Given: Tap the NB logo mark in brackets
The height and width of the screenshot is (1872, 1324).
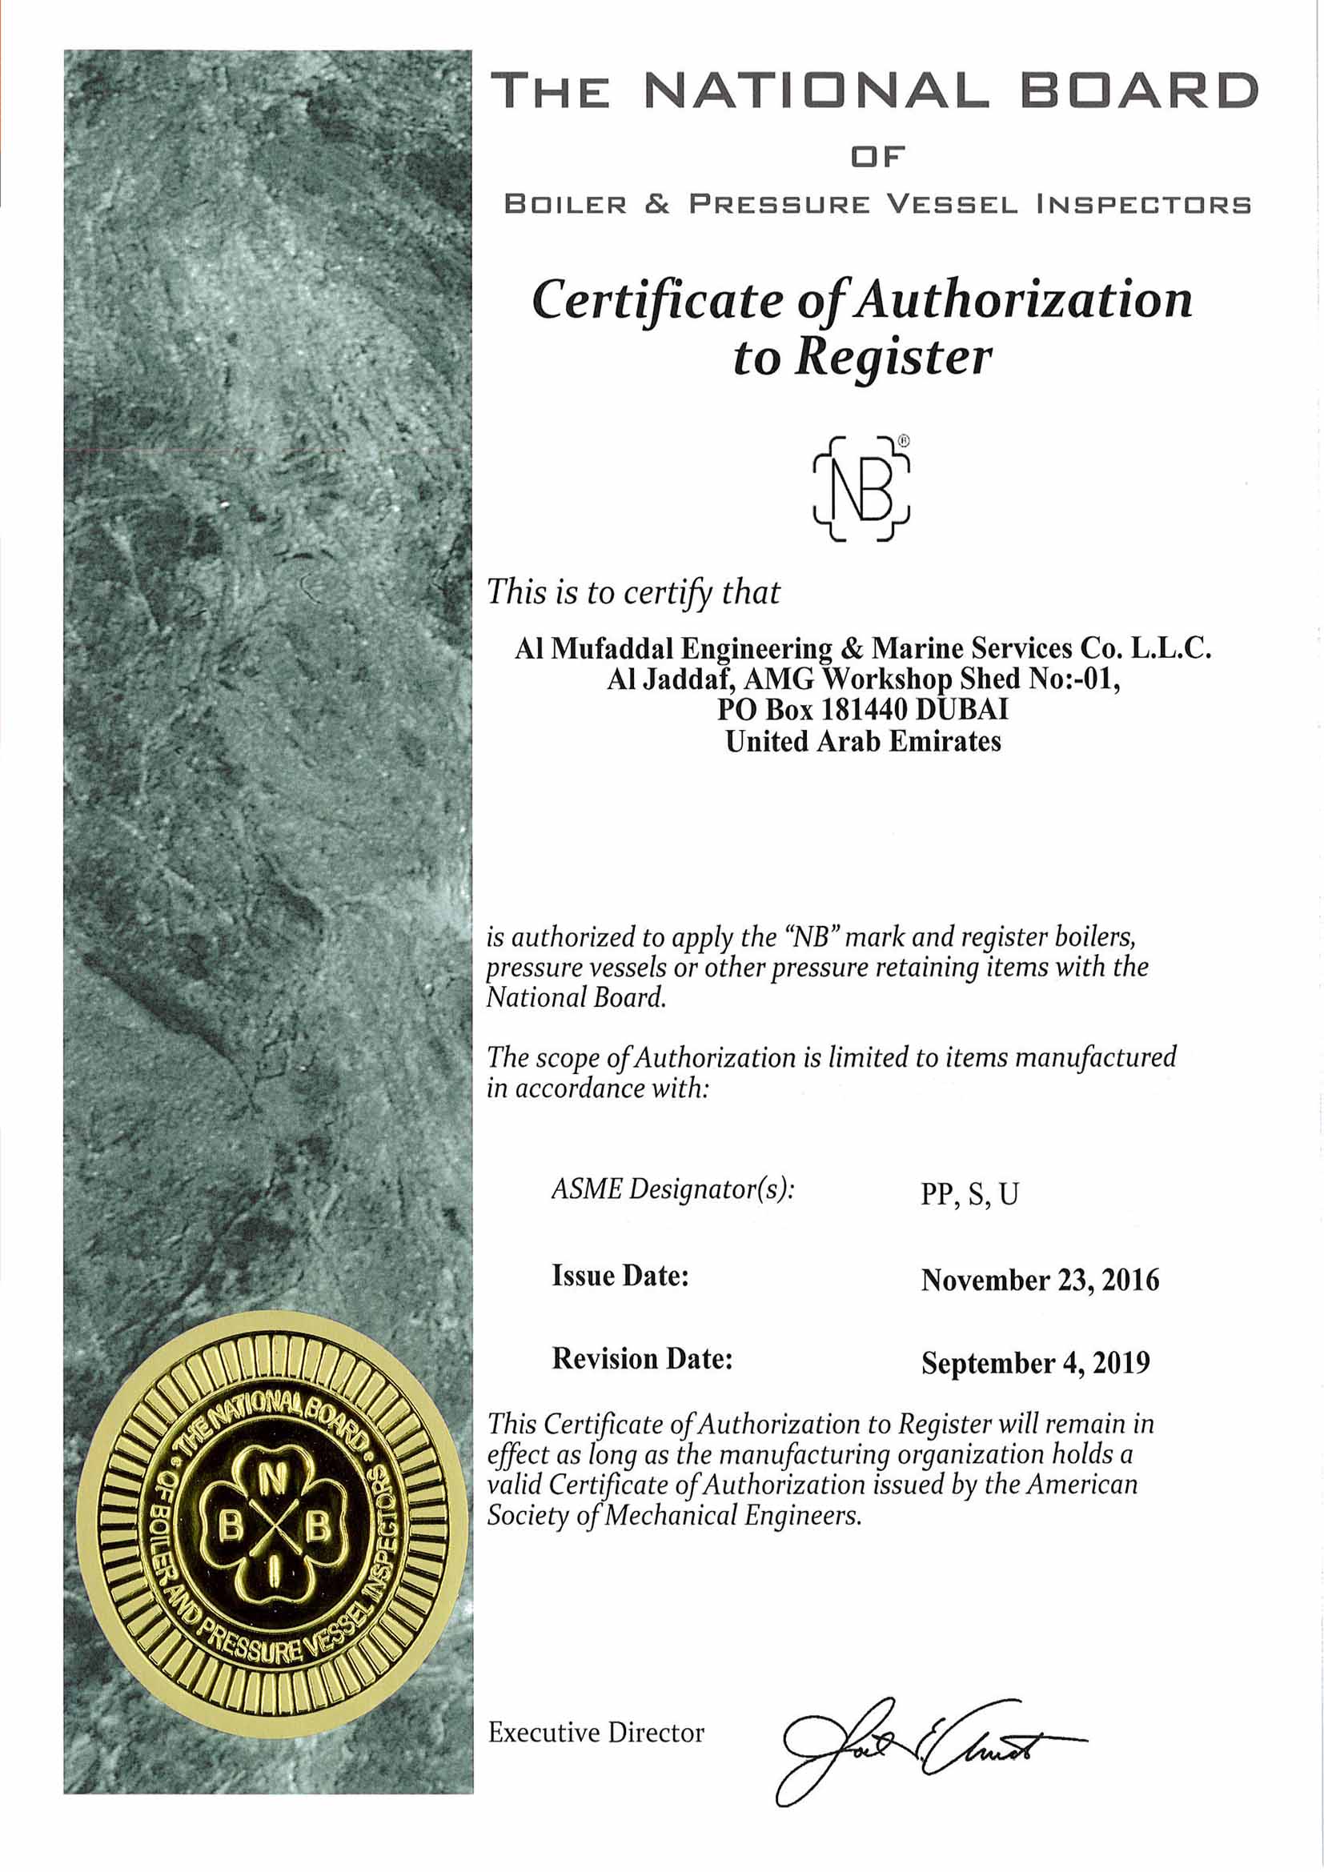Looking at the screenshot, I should (862, 488).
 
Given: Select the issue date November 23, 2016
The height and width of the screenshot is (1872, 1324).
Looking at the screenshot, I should (1040, 1279).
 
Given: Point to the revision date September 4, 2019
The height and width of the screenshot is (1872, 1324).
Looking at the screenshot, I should (1035, 1362).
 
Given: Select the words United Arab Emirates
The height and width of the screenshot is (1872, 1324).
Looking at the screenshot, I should (864, 741).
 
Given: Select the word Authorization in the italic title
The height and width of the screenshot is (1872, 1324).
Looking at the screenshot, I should (1024, 300).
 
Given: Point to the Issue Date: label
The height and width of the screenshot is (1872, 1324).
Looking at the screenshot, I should (620, 1275).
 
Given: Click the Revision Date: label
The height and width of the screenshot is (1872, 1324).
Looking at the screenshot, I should (643, 1358).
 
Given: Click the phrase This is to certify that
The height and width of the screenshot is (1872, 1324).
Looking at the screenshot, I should (633, 592).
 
